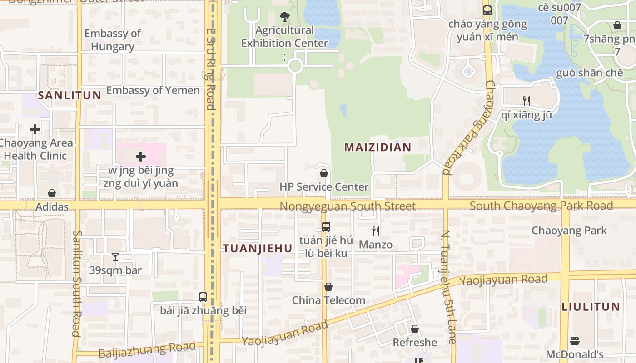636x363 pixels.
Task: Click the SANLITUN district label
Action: pos(70,95)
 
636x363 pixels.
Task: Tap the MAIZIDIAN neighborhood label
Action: pos(378,147)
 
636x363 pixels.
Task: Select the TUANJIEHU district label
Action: pos(257,248)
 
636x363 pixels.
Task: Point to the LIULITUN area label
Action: pos(591,307)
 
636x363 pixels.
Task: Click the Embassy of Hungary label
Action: pos(113,40)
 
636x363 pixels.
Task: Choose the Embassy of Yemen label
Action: pos(153,90)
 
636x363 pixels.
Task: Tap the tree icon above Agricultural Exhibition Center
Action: pos(285,17)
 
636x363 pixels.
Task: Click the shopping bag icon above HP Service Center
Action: pos(324,173)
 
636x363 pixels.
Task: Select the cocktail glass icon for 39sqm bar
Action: pos(115,257)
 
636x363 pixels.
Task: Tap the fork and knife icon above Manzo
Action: pos(376,231)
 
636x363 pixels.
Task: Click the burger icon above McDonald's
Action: pos(575,341)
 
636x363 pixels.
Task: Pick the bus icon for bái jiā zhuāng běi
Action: pos(203,297)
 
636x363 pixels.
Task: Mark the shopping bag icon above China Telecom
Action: pos(328,287)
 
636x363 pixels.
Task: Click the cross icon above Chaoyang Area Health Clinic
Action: pos(35,129)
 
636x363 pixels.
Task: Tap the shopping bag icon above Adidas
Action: pos(52,194)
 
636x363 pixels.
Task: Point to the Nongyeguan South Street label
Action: pos(348,206)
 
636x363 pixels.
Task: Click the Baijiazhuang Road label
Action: pos(147,350)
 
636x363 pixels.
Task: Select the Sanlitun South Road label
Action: pos(76,284)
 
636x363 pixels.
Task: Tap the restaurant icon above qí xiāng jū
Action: pos(527,101)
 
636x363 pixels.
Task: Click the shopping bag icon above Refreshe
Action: pos(415,329)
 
